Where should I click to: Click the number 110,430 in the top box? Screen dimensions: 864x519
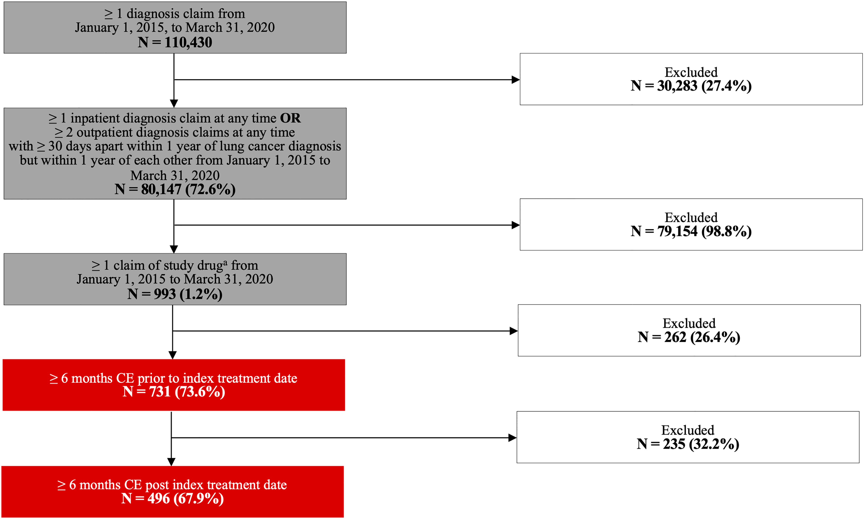tap(188, 42)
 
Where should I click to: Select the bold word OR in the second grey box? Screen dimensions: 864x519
tap(290, 118)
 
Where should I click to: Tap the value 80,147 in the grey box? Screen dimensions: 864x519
tap(161, 189)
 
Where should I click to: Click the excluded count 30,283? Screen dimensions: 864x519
tap(677, 86)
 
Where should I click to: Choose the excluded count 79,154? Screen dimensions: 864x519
tap(677, 231)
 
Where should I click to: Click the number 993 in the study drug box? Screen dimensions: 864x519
tap(164, 294)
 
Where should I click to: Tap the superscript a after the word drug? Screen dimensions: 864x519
tap(225, 262)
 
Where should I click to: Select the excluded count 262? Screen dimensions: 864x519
tap(675, 337)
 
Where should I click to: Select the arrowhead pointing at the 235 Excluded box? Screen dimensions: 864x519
tap(512, 437)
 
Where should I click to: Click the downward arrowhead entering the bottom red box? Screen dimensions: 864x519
tap(171, 462)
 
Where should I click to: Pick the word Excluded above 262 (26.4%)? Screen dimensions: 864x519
tap(689, 323)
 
